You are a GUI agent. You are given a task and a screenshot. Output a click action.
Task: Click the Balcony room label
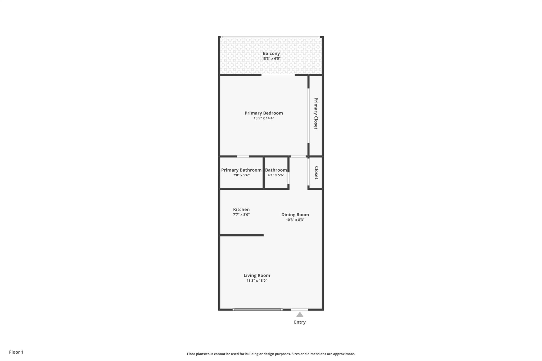(x=271, y=53)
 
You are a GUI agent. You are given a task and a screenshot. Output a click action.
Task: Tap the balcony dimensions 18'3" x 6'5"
(x=271, y=59)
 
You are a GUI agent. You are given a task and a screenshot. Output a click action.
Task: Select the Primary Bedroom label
(x=264, y=113)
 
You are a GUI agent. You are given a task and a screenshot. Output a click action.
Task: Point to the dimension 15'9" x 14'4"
(x=264, y=118)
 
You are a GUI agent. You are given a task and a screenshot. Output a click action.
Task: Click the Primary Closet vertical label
(x=316, y=113)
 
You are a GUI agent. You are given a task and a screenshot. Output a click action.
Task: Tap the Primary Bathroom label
(x=241, y=170)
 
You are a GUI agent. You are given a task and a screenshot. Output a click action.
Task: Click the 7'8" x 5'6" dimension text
(x=241, y=175)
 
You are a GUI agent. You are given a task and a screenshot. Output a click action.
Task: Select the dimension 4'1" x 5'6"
(x=276, y=175)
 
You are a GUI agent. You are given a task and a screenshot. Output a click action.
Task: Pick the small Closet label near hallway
(x=316, y=173)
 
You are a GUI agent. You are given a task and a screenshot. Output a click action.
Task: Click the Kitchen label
(x=241, y=209)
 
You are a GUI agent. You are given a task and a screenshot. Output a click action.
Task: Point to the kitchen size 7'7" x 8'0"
(x=241, y=215)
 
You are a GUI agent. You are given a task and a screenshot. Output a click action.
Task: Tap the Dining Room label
(x=295, y=215)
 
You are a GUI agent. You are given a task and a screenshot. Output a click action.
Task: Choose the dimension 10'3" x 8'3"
(x=295, y=220)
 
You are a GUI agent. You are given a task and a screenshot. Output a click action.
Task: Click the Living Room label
(x=257, y=276)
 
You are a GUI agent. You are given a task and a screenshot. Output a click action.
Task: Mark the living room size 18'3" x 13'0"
(x=257, y=281)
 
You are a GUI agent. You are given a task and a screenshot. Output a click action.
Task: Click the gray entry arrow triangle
(x=300, y=314)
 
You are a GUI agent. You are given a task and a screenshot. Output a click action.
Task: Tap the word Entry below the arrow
(x=300, y=322)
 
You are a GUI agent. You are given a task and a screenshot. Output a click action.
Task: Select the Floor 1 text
(x=16, y=352)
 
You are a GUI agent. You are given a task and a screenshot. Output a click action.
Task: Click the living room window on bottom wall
(x=257, y=309)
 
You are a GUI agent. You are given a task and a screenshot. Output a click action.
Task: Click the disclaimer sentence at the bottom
(x=271, y=354)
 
